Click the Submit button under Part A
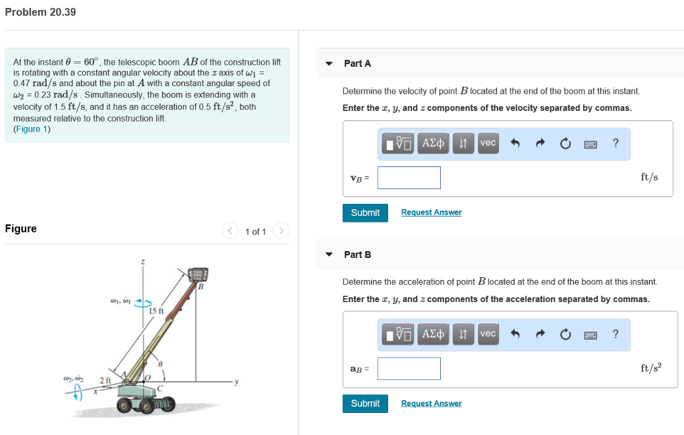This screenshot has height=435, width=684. pos(365,212)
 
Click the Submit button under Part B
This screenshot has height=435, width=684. pos(365,404)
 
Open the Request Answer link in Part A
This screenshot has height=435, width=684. pos(431,212)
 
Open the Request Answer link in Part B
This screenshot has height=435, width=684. pos(431,404)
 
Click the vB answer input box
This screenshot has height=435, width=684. pos(409,178)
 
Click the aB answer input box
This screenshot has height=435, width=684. pos(409,368)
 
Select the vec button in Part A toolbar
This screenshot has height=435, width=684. pos(488,143)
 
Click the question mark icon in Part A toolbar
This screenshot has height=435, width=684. pos(615,143)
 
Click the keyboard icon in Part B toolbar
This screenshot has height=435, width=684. pos(590,334)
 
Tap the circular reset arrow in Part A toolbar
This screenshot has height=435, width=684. pos(566,143)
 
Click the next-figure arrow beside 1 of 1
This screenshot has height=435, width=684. pos(281,231)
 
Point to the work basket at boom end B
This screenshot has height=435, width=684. pos(198,275)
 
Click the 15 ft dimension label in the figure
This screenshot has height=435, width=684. pos(156,311)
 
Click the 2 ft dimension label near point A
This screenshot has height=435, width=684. pos(106,380)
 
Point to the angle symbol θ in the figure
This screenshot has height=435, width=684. pos(160,363)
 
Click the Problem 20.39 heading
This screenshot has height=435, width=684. pos(40,12)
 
